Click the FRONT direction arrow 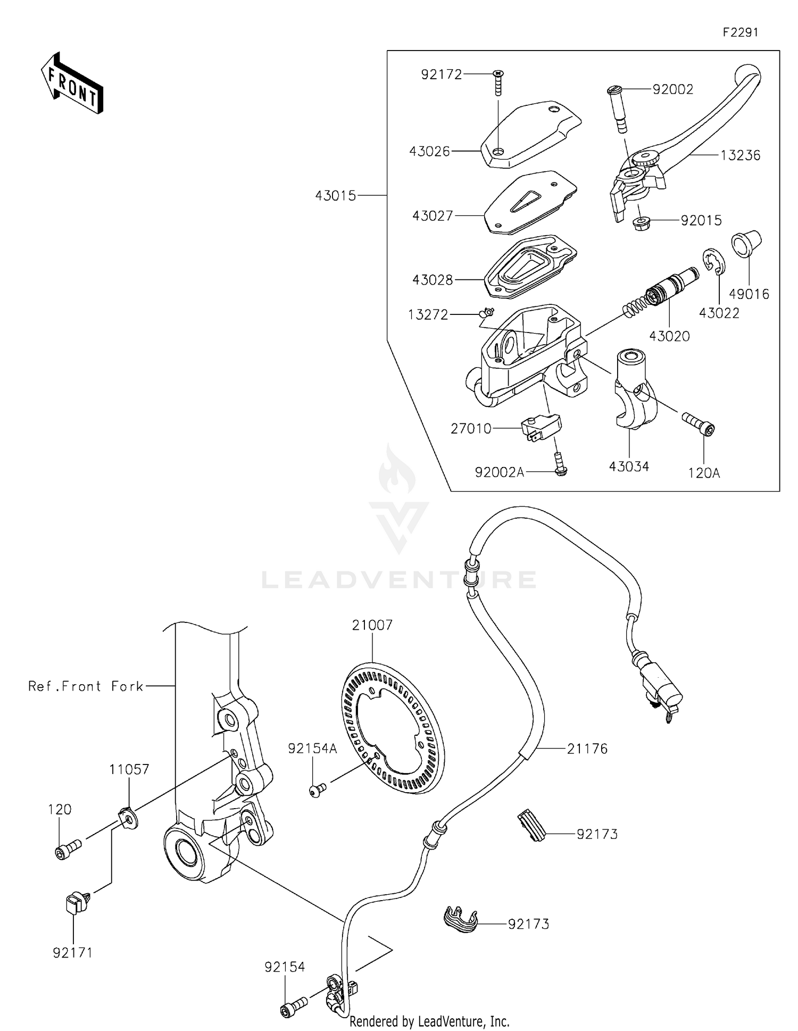(72, 83)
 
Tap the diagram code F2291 (740, 32)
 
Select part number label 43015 (335, 196)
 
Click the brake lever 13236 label (741, 155)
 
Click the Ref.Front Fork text (86, 686)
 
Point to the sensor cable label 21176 (587, 749)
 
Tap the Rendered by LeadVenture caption (429, 1021)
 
